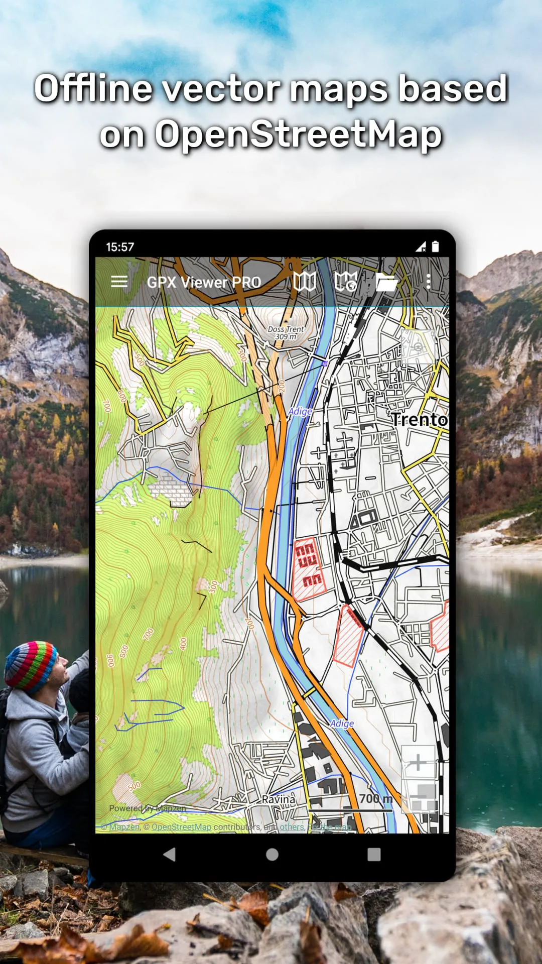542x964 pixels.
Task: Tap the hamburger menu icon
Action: coord(119,282)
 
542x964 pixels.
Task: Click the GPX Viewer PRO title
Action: coord(204,282)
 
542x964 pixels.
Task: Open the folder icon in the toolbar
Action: coord(386,282)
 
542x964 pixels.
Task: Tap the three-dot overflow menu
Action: coord(428,282)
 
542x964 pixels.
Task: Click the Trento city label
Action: coord(419,419)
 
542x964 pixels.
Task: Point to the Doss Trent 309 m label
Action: coord(286,333)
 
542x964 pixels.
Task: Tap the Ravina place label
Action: coord(279,799)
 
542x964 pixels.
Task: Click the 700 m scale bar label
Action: coord(375,798)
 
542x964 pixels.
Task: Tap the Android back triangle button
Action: coord(170,855)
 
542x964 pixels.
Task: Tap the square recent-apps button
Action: coord(374,855)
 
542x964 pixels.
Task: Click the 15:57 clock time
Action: coord(120,247)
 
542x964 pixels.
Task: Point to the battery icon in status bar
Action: coord(435,246)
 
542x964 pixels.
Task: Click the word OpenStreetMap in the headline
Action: coord(298,135)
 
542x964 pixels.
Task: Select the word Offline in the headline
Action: coord(93,88)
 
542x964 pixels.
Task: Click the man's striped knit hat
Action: coord(30,665)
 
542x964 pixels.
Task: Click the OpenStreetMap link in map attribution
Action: coord(181,827)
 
